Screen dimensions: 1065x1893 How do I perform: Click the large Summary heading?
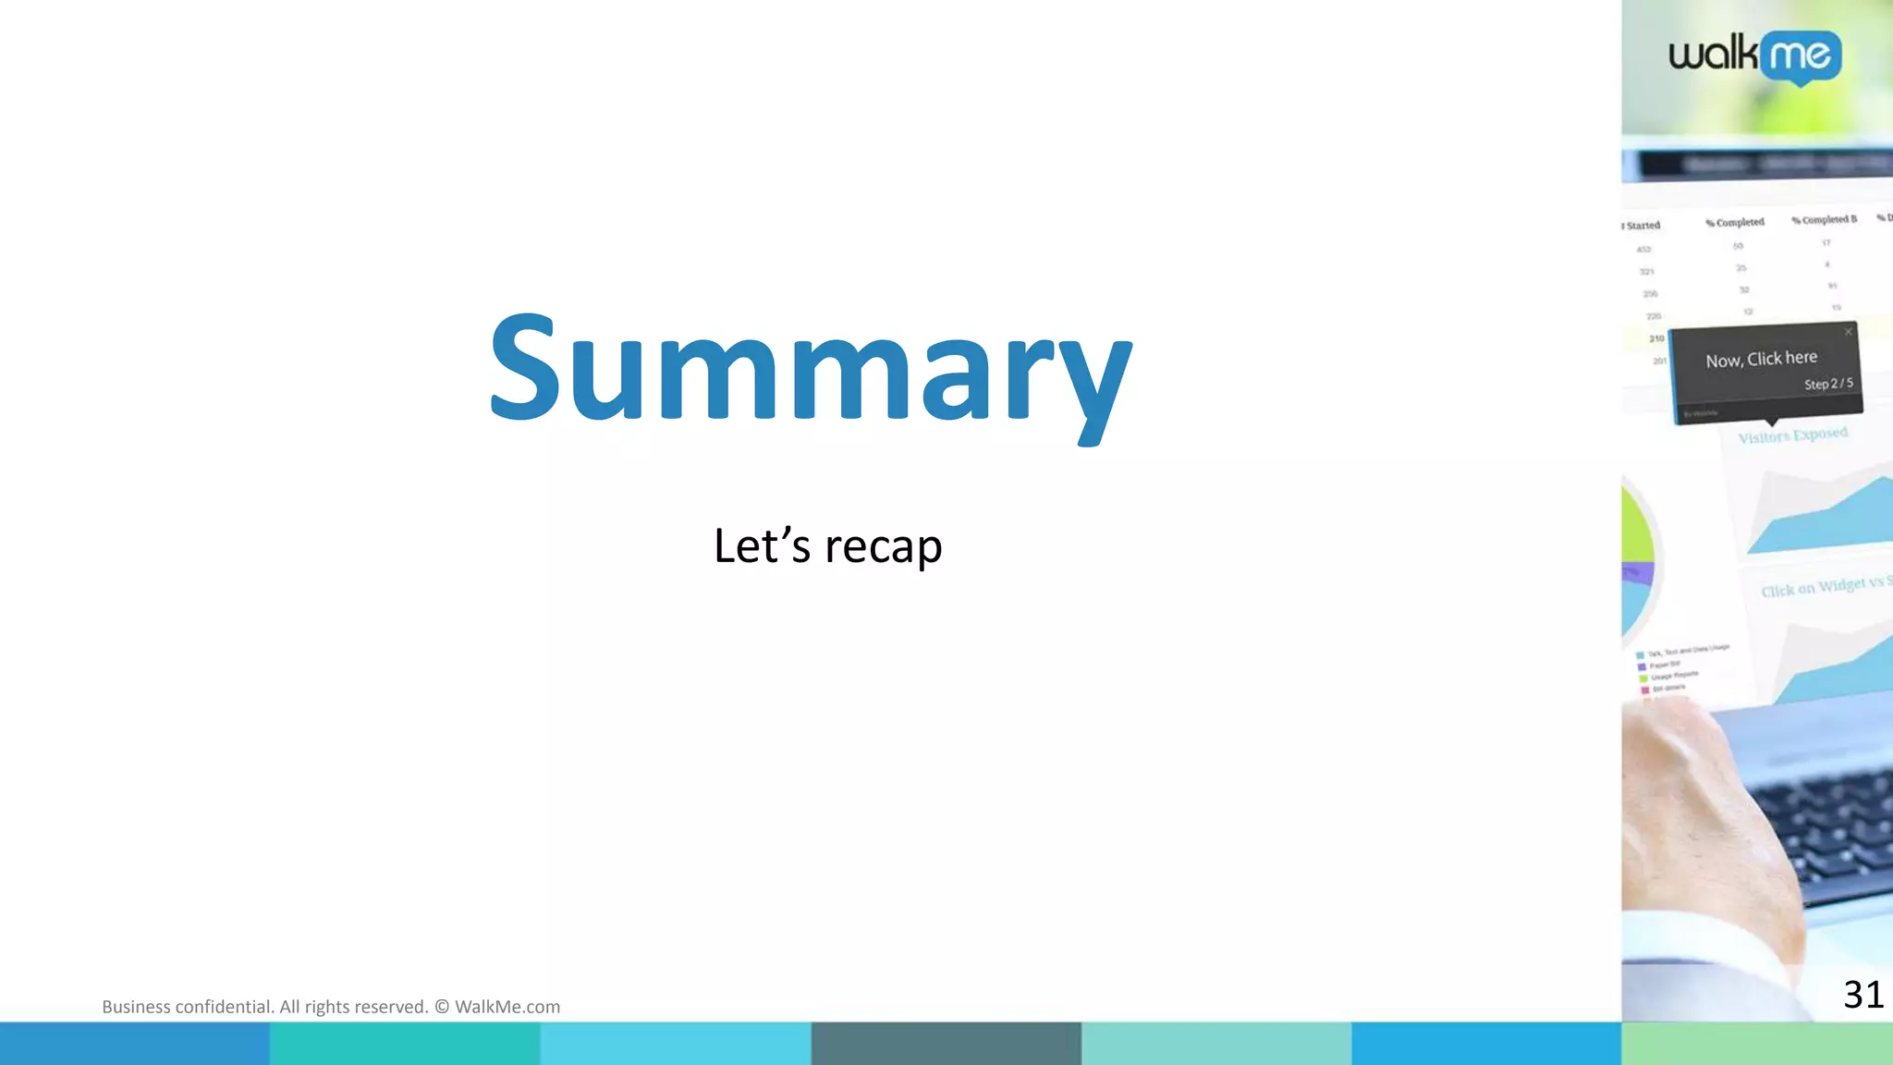pos(811,370)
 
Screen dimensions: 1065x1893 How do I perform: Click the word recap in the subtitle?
pos(883,546)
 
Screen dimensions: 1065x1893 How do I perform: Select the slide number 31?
pos(1862,995)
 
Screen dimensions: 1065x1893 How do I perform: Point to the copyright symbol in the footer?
pos(441,1007)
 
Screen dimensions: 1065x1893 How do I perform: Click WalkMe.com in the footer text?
pos(507,1007)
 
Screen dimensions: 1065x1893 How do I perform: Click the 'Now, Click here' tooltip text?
pos(1761,359)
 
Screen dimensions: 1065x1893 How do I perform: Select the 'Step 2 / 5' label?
pos(1827,384)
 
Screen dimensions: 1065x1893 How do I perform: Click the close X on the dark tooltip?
pos(1848,332)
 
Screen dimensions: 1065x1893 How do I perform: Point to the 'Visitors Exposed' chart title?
pos(1792,435)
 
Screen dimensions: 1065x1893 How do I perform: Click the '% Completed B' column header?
pos(1824,220)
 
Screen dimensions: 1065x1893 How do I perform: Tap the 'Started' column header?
pos(1643,226)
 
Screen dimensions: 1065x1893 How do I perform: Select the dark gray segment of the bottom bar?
pos(946,1044)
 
